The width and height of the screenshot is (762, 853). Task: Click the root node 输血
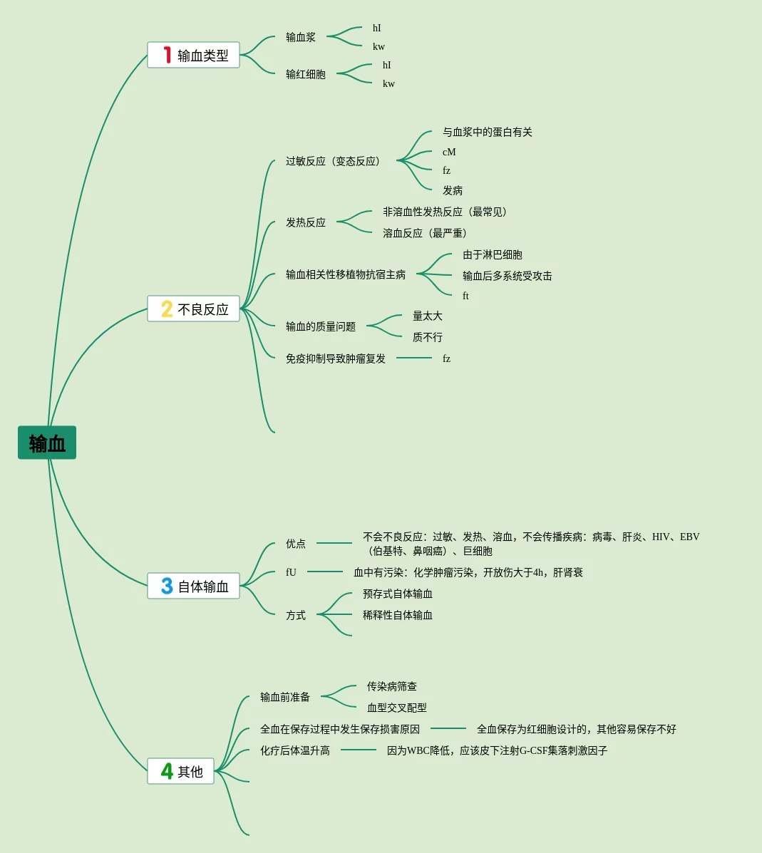pos(47,443)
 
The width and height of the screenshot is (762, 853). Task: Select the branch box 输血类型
pos(193,55)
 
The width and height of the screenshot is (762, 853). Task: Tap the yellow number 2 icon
pos(167,309)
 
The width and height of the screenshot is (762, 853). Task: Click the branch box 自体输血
pos(193,586)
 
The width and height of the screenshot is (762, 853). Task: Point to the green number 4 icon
pos(167,771)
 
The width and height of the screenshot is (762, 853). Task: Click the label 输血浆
pos(301,37)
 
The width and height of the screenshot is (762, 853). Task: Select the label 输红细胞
pos(306,74)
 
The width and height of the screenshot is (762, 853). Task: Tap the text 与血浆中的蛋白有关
pos(488,132)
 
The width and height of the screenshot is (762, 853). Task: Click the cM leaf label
pos(449,152)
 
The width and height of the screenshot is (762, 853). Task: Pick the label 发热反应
pos(306,222)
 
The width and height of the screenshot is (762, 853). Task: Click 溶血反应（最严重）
pos(426,233)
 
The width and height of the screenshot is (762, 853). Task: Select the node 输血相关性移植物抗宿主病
pos(346,274)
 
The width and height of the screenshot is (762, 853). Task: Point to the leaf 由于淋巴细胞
pos(493,254)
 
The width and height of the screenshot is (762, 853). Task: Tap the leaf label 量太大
pos(428,316)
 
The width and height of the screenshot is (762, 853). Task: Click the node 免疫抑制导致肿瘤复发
pos(336,358)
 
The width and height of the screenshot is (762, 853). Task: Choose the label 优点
pos(296,544)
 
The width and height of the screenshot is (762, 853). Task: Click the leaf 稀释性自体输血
pos(398,615)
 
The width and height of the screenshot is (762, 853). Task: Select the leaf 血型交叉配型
pos(397,708)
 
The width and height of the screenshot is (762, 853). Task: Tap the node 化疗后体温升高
pos(295,750)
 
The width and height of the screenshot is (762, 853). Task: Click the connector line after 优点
pos(334,543)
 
